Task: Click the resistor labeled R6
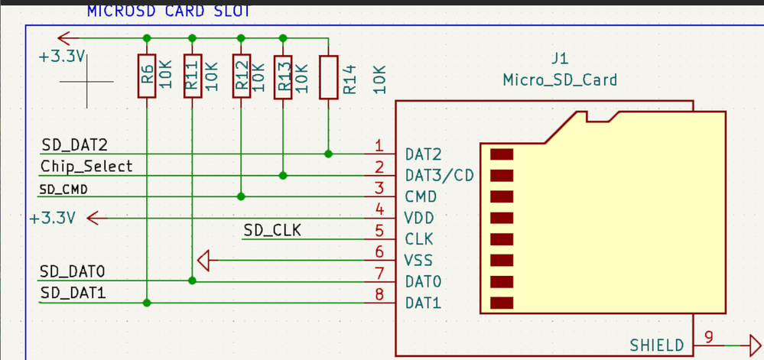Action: tap(147, 76)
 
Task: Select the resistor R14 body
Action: tap(329, 77)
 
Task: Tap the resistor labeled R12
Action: tap(242, 76)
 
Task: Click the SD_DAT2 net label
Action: tap(73, 145)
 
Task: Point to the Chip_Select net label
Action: tap(86, 166)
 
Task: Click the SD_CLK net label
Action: tap(272, 229)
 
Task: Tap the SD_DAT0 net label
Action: tap(73, 271)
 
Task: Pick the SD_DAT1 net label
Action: tap(73, 293)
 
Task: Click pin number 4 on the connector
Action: tap(379, 209)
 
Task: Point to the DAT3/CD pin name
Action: tap(439, 176)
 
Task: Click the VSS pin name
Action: tap(418, 261)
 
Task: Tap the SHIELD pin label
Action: tap(657, 345)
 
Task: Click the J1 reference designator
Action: tap(560, 60)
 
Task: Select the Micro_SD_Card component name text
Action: tap(560, 79)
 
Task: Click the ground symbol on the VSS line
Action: tap(203, 261)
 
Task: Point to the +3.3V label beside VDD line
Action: tap(52, 219)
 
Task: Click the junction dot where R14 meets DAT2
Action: tap(329, 154)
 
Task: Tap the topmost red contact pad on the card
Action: tap(501, 154)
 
